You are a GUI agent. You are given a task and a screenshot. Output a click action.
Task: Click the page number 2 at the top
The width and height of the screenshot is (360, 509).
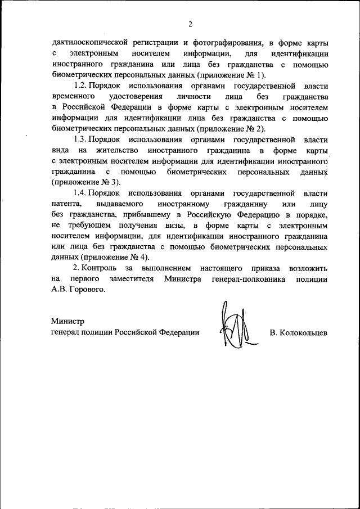click(190, 24)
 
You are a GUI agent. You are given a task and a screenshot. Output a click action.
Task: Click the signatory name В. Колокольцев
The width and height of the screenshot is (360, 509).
click(298, 333)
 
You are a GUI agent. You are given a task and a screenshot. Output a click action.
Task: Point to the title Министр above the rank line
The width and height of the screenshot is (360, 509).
click(67, 322)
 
